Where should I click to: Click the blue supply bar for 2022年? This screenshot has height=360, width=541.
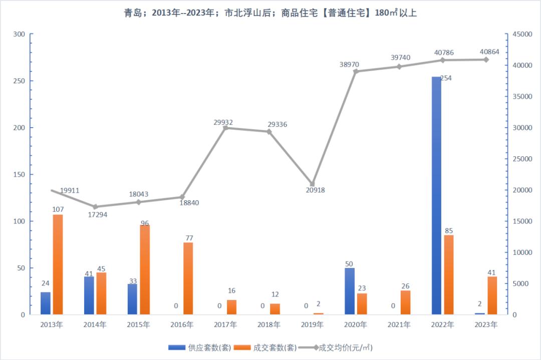click(436, 196)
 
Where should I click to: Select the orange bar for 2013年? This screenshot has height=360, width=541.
click(58, 264)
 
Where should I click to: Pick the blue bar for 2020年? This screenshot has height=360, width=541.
click(349, 291)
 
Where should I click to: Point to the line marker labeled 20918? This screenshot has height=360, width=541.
click(312, 184)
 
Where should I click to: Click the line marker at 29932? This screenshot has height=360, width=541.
click(225, 128)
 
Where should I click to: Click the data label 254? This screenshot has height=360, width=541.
click(446, 78)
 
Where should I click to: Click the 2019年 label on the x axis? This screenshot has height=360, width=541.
click(312, 325)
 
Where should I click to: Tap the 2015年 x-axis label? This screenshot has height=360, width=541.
click(138, 325)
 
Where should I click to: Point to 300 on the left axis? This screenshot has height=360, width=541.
click(19, 34)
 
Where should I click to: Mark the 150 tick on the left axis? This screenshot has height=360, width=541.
click(19, 174)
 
